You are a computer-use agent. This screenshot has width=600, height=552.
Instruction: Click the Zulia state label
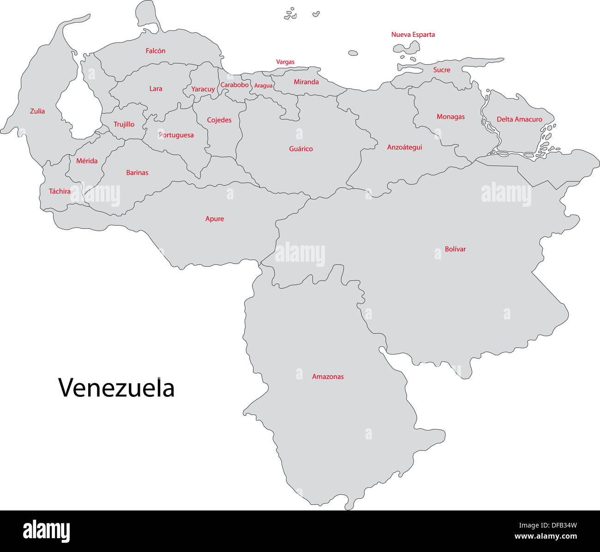coord(37,111)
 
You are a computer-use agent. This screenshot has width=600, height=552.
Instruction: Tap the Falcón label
coord(156,51)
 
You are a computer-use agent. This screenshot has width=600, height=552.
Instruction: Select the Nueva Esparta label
coord(413,35)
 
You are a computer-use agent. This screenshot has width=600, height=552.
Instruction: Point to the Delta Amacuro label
coord(519,120)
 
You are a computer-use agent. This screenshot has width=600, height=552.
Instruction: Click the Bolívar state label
coord(455,249)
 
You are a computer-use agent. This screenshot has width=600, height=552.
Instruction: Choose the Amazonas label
coord(328,377)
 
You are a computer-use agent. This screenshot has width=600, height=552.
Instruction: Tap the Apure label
coord(215,219)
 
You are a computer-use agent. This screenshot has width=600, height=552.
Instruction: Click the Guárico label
coord(301,149)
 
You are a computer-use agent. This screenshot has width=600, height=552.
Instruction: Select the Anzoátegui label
coord(404,147)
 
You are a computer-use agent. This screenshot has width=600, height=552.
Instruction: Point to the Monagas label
coord(450,117)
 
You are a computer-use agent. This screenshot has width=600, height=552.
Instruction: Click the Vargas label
coord(285,62)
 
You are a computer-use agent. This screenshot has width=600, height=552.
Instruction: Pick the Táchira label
coord(60,191)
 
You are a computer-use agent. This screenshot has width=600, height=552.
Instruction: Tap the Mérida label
coord(87,161)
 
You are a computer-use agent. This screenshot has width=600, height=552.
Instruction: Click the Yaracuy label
coord(203,89)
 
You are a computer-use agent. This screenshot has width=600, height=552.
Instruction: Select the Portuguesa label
coord(176,135)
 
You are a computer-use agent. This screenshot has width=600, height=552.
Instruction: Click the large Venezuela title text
coord(116,388)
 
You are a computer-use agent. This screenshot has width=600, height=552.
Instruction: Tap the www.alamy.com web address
coord(545,536)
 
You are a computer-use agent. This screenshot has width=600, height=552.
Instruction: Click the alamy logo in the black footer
coord(47,531)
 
